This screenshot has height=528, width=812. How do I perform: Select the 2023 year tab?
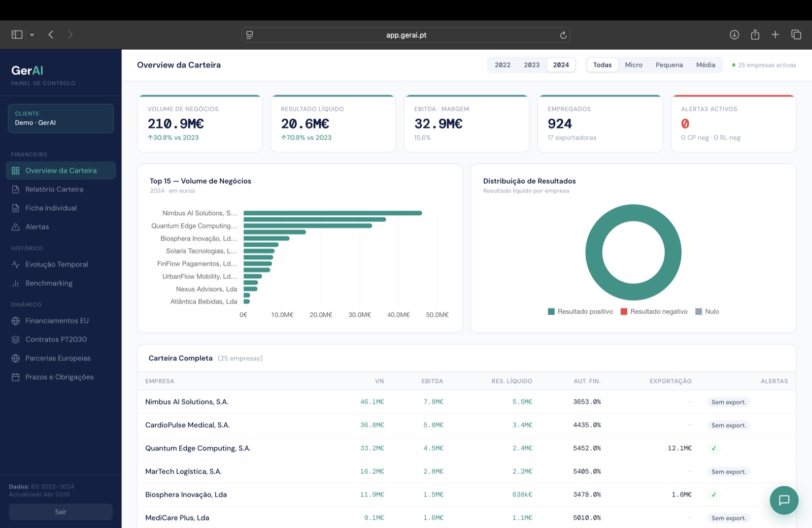click(x=531, y=65)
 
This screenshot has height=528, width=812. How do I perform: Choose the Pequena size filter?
click(x=669, y=65)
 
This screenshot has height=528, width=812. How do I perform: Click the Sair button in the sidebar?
click(x=60, y=512)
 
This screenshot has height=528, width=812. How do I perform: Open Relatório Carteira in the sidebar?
click(x=54, y=189)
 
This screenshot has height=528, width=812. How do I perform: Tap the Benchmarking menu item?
click(x=49, y=283)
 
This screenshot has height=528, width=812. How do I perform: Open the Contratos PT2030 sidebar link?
click(x=56, y=340)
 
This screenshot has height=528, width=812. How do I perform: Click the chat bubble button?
click(x=784, y=500)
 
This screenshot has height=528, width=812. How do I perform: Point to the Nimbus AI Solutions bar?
click(x=333, y=213)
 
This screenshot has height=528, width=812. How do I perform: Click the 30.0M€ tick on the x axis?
click(x=360, y=315)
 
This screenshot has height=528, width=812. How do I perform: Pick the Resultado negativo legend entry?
click(x=654, y=312)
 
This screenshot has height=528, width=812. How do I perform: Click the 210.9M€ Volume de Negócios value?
click(x=176, y=124)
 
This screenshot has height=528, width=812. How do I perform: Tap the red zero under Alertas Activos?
click(x=685, y=124)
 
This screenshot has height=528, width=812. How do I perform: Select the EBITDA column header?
click(x=432, y=381)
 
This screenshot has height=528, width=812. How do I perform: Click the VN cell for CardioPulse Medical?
click(x=372, y=425)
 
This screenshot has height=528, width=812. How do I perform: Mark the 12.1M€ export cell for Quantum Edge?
click(x=680, y=448)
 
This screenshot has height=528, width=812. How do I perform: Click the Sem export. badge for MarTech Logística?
click(x=729, y=472)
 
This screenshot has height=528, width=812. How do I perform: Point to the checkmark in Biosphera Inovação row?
click(x=714, y=494)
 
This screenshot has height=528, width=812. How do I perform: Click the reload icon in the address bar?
click(x=563, y=35)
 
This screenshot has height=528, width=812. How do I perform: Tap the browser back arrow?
click(x=51, y=35)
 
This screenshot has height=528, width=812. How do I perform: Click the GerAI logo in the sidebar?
click(x=27, y=71)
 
